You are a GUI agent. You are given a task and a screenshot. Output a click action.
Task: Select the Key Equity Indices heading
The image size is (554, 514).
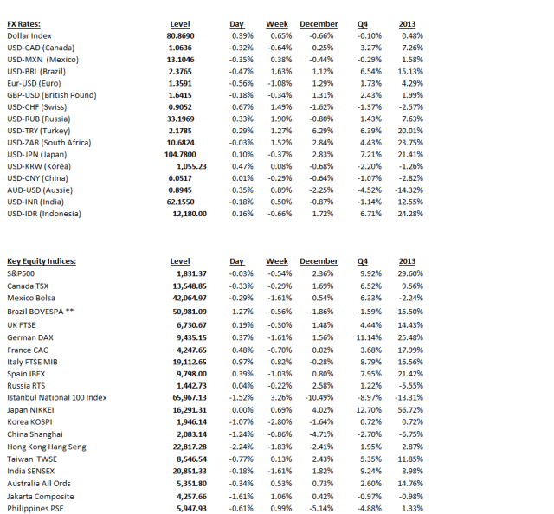42,260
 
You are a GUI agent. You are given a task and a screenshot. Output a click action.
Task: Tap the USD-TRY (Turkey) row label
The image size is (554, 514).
40,130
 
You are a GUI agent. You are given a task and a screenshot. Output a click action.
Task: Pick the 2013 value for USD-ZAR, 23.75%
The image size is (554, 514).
409,142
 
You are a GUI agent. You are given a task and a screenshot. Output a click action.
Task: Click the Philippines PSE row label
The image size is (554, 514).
36,509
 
